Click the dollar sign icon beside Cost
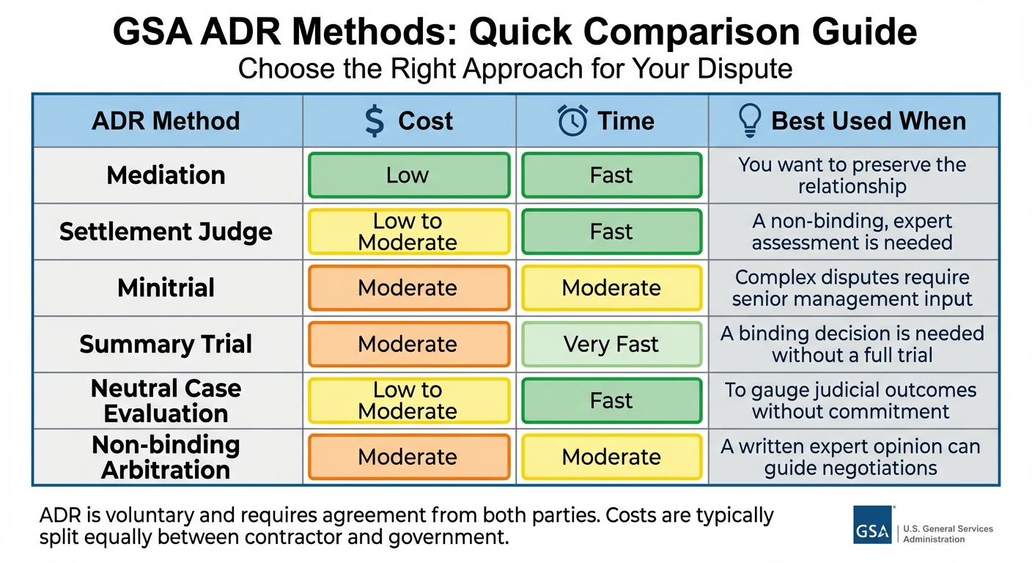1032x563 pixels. pyautogui.click(x=374, y=121)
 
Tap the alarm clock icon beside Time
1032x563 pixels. pyautogui.click(x=572, y=121)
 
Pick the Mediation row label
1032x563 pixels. pyautogui.click(x=166, y=175)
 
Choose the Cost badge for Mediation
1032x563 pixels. pyautogui.click(x=408, y=175)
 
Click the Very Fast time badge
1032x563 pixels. pyautogui.click(x=611, y=344)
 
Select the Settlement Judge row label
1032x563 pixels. pyautogui.click(x=166, y=232)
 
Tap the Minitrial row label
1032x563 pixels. pyautogui.click(x=166, y=287)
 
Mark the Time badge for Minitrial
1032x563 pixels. pyautogui.click(x=611, y=288)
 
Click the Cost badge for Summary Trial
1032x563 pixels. pyautogui.click(x=408, y=344)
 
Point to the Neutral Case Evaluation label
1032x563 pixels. pyautogui.click(x=166, y=400)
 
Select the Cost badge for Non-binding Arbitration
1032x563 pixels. pyautogui.click(x=408, y=457)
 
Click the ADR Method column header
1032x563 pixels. pyautogui.click(x=166, y=121)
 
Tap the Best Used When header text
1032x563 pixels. pyautogui.click(x=869, y=121)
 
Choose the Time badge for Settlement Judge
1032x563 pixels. pyautogui.click(x=611, y=232)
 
